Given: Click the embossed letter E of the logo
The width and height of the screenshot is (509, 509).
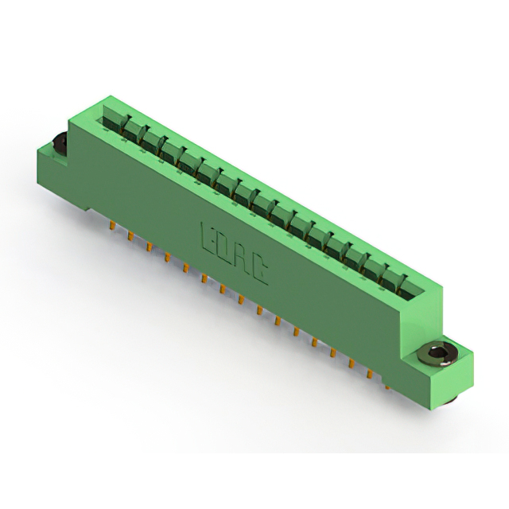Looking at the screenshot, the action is [208, 238].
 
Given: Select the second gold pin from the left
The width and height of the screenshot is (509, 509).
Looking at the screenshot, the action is [130, 236].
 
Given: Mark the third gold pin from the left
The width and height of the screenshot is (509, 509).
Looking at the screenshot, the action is [149, 246].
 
